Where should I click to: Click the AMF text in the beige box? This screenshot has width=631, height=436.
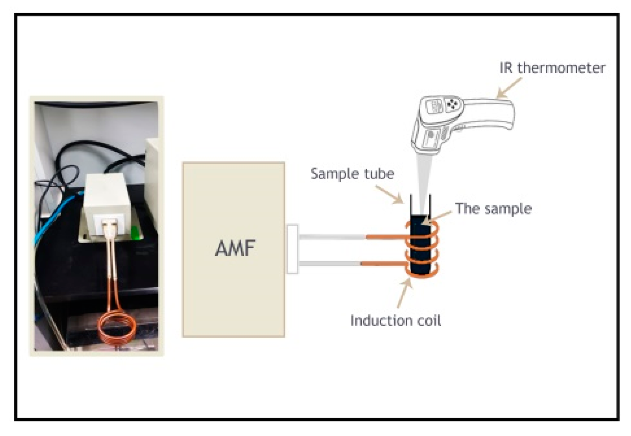235,248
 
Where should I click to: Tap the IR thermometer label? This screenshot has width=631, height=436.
552,68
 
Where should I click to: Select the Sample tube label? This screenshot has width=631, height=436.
352,174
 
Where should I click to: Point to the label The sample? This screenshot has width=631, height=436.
493,208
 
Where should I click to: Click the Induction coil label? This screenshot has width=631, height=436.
395,321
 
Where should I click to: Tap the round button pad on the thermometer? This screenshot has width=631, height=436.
452,104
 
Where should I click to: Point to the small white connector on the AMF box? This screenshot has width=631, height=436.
292,249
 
